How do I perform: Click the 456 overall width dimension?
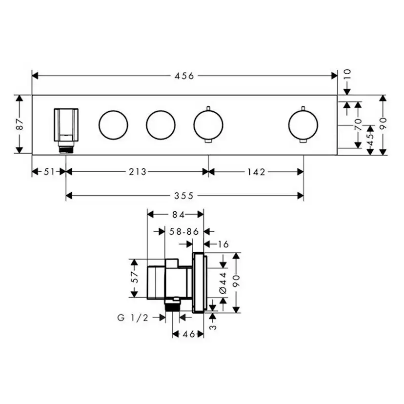[x=184, y=76]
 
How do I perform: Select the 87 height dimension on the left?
[x=20, y=124]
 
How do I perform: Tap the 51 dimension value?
[x=49, y=171]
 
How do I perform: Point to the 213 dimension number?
[x=137, y=171]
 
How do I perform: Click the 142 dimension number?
[x=256, y=171]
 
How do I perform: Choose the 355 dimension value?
[x=184, y=196]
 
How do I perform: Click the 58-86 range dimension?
[x=184, y=232]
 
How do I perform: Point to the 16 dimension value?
[x=222, y=244]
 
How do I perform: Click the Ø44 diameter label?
[x=223, y=283]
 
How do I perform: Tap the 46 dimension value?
[x=189, y=334]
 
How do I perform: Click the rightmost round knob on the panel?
[x=303, y=124]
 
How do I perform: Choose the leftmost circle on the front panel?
[x=113, y=124]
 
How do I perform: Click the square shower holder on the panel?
[x=66, y=124]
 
